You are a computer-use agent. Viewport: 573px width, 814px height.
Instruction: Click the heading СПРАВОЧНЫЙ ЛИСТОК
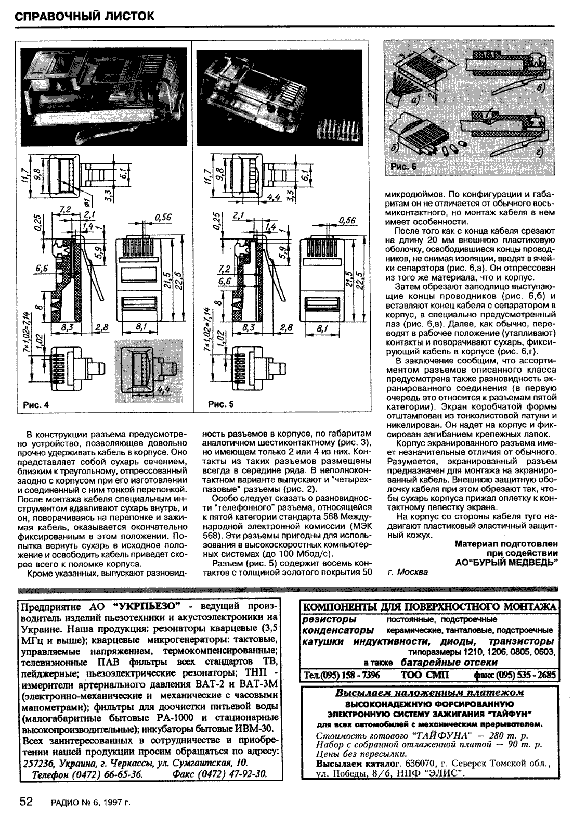pos(85,16)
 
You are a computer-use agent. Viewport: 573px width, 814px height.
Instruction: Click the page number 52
pos(27,801)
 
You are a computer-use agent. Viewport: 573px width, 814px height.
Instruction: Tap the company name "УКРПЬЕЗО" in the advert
pos(146,607)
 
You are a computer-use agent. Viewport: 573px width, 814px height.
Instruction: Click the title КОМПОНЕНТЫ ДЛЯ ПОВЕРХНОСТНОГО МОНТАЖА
pos(429,607)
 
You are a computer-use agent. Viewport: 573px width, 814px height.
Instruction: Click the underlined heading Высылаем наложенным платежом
pos(429,693)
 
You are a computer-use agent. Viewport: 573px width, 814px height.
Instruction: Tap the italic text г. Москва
pos(409,572)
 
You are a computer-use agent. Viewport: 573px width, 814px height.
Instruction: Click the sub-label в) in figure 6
pos(541,88)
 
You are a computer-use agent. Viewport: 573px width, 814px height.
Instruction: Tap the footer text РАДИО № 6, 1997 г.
pos(90,802)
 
